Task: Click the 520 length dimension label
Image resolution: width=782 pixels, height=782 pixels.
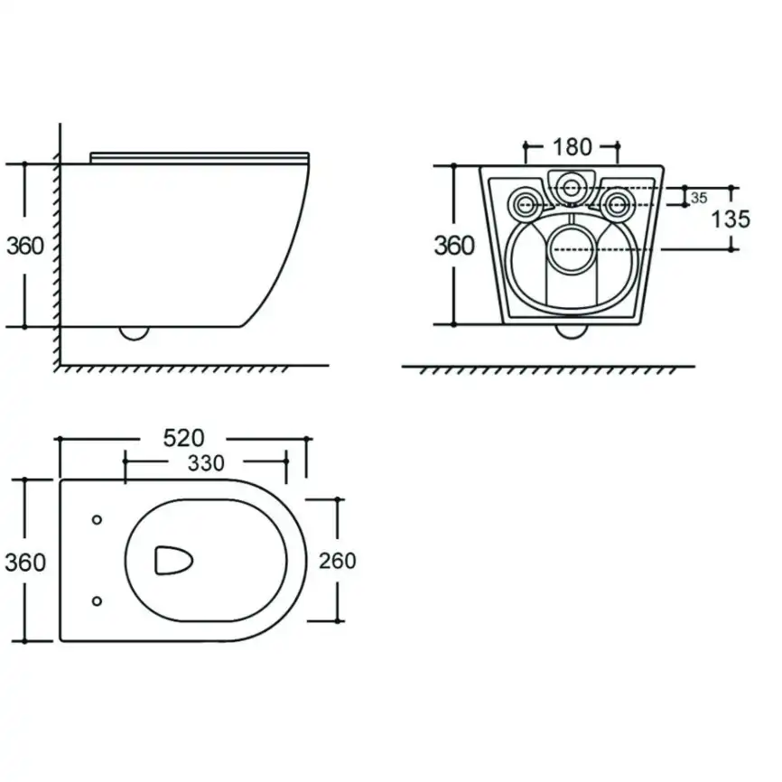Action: [x=183, y=438]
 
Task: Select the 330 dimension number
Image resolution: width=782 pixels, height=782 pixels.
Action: [x=206, y=463]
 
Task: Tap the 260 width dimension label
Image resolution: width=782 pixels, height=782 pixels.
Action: [x=338, y=561]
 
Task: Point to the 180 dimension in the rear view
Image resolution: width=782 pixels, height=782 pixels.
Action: [x=572, y=146]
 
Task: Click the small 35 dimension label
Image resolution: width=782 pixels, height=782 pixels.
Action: [x=699, y=198]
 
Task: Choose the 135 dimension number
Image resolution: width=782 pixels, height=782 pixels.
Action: [x=731, y=219]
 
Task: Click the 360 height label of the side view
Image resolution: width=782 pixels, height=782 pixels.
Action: [x=25, y=246]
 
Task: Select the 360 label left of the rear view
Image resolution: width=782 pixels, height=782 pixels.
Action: [x=454, y=246]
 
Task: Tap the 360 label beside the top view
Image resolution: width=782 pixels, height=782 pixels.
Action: [x=25, y=562]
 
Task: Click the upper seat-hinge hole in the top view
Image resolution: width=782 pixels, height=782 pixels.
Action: [x=98, y=519]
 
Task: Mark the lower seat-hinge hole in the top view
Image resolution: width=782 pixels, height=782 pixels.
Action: [x=98, y=601]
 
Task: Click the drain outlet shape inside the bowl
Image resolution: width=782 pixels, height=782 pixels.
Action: [x=173, y=561]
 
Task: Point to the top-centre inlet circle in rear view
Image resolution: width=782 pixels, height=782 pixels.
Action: [x=572, y=189]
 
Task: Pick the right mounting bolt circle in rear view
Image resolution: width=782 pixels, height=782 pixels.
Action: [x=618, y=203]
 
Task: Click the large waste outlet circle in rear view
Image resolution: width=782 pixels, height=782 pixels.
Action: [x=572, y=249]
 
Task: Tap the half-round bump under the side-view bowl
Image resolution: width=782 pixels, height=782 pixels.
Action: [x=135, y=333]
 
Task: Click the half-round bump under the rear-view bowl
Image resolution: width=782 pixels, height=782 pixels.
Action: [x=571, y=331]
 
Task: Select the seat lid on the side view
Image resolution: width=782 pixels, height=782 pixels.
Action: [x=200, y=158]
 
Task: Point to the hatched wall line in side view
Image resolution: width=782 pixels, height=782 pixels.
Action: [x=59, y=245]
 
